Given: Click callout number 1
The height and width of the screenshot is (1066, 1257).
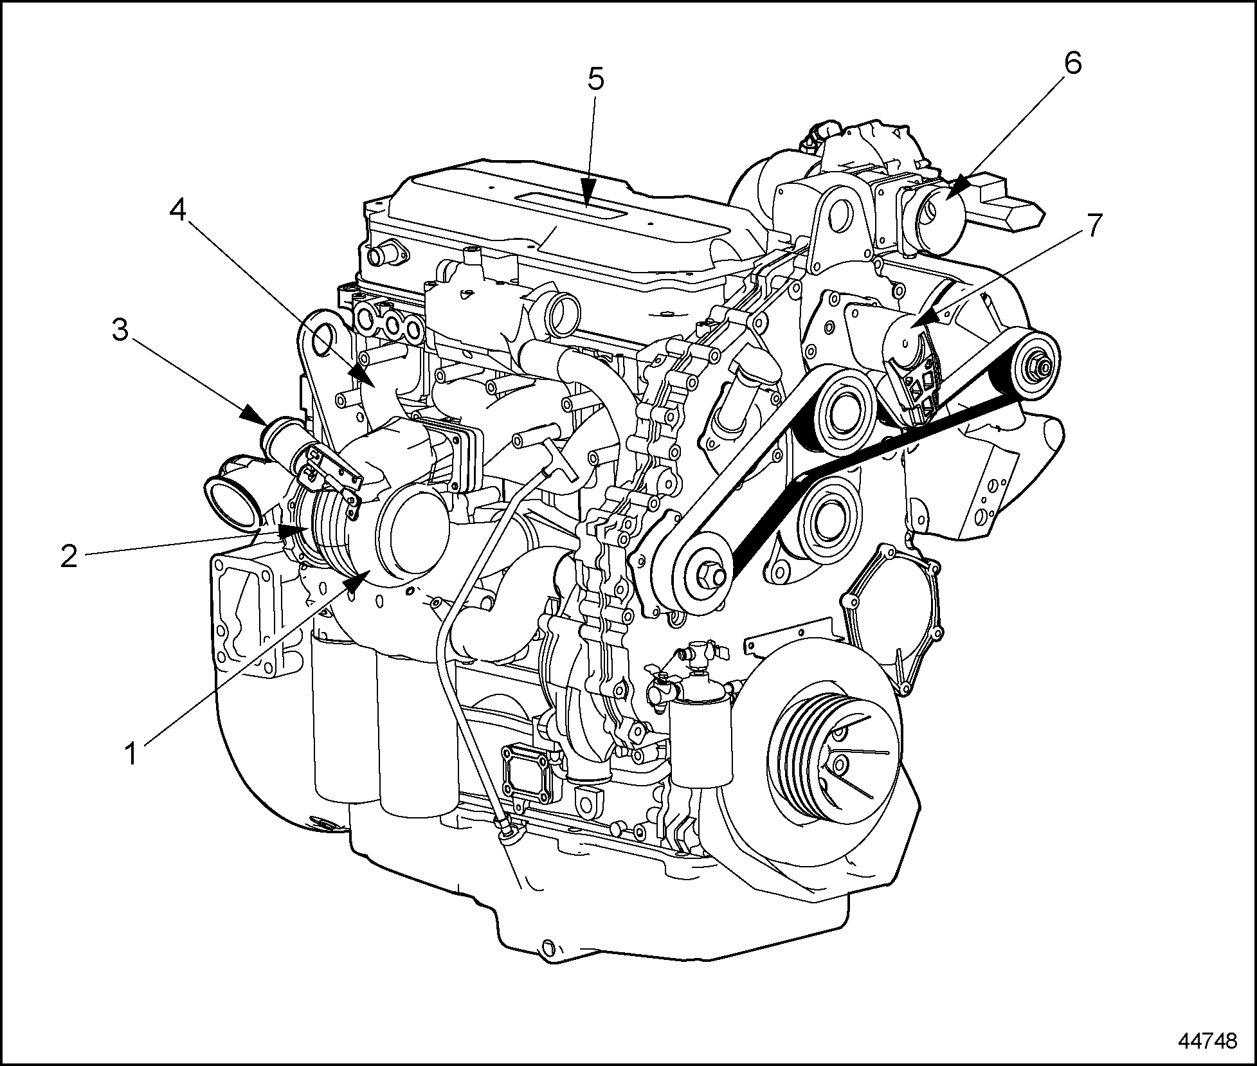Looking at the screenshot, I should pos(131,752).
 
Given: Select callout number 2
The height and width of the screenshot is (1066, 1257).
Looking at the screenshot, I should pos(69,556).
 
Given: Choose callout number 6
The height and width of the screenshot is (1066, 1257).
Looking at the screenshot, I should pos(1072,63).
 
